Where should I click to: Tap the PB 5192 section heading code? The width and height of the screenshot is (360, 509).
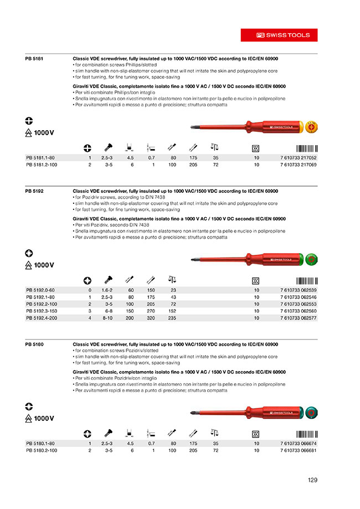34,191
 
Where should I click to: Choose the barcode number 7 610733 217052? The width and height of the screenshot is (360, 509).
299,158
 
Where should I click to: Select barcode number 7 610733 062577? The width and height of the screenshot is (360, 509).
299,318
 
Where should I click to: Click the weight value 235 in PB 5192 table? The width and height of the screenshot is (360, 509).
173,318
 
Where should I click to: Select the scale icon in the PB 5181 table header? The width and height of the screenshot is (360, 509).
215,147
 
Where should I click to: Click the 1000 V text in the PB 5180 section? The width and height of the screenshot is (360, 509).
44,418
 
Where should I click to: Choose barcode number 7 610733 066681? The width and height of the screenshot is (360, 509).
299,451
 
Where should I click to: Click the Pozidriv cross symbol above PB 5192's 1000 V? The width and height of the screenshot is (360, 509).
29,253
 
